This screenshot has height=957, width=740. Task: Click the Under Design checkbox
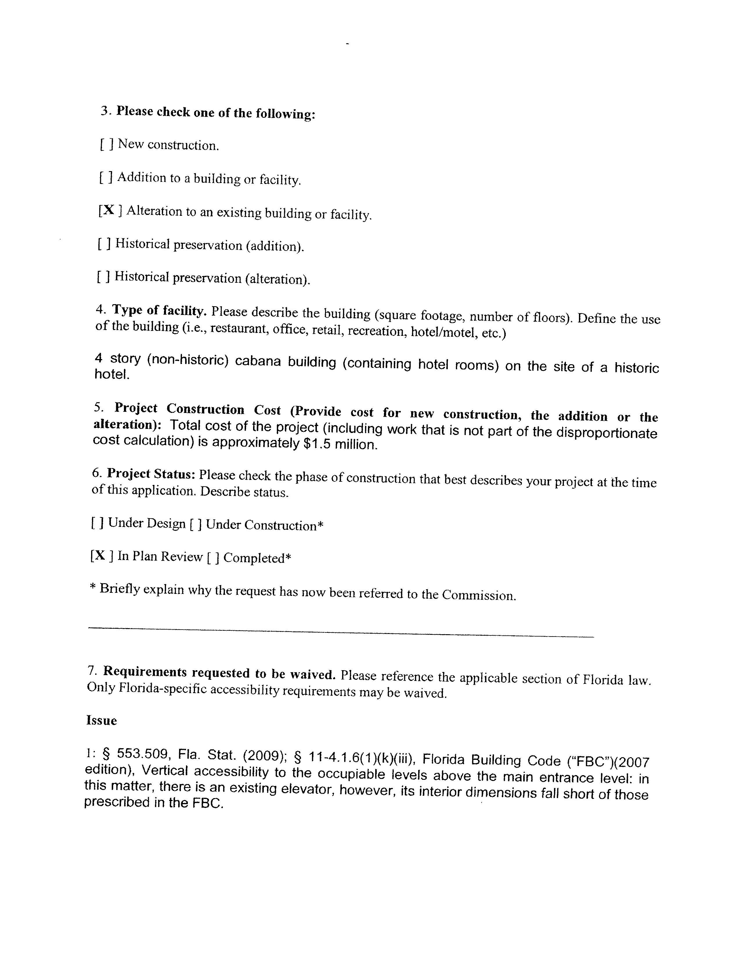click(x=97, y=523)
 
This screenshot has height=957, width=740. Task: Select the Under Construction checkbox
click(x=196, y=524)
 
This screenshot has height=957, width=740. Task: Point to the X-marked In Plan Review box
click(x=102, y=556)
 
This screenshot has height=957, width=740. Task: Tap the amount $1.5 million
click(x=340, y=444)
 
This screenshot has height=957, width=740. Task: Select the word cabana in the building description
click(x=258, y=362)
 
